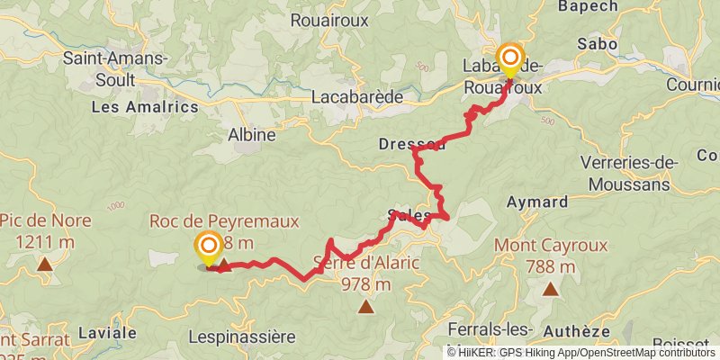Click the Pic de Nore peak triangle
(44, 264)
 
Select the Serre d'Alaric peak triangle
(366, 307)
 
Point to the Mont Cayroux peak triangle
(550, 289)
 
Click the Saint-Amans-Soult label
(115, 68)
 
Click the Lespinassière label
(242, 337)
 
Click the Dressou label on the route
(411, 144)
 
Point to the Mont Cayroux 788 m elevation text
(549, 265)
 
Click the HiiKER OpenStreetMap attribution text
(582, 353)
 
